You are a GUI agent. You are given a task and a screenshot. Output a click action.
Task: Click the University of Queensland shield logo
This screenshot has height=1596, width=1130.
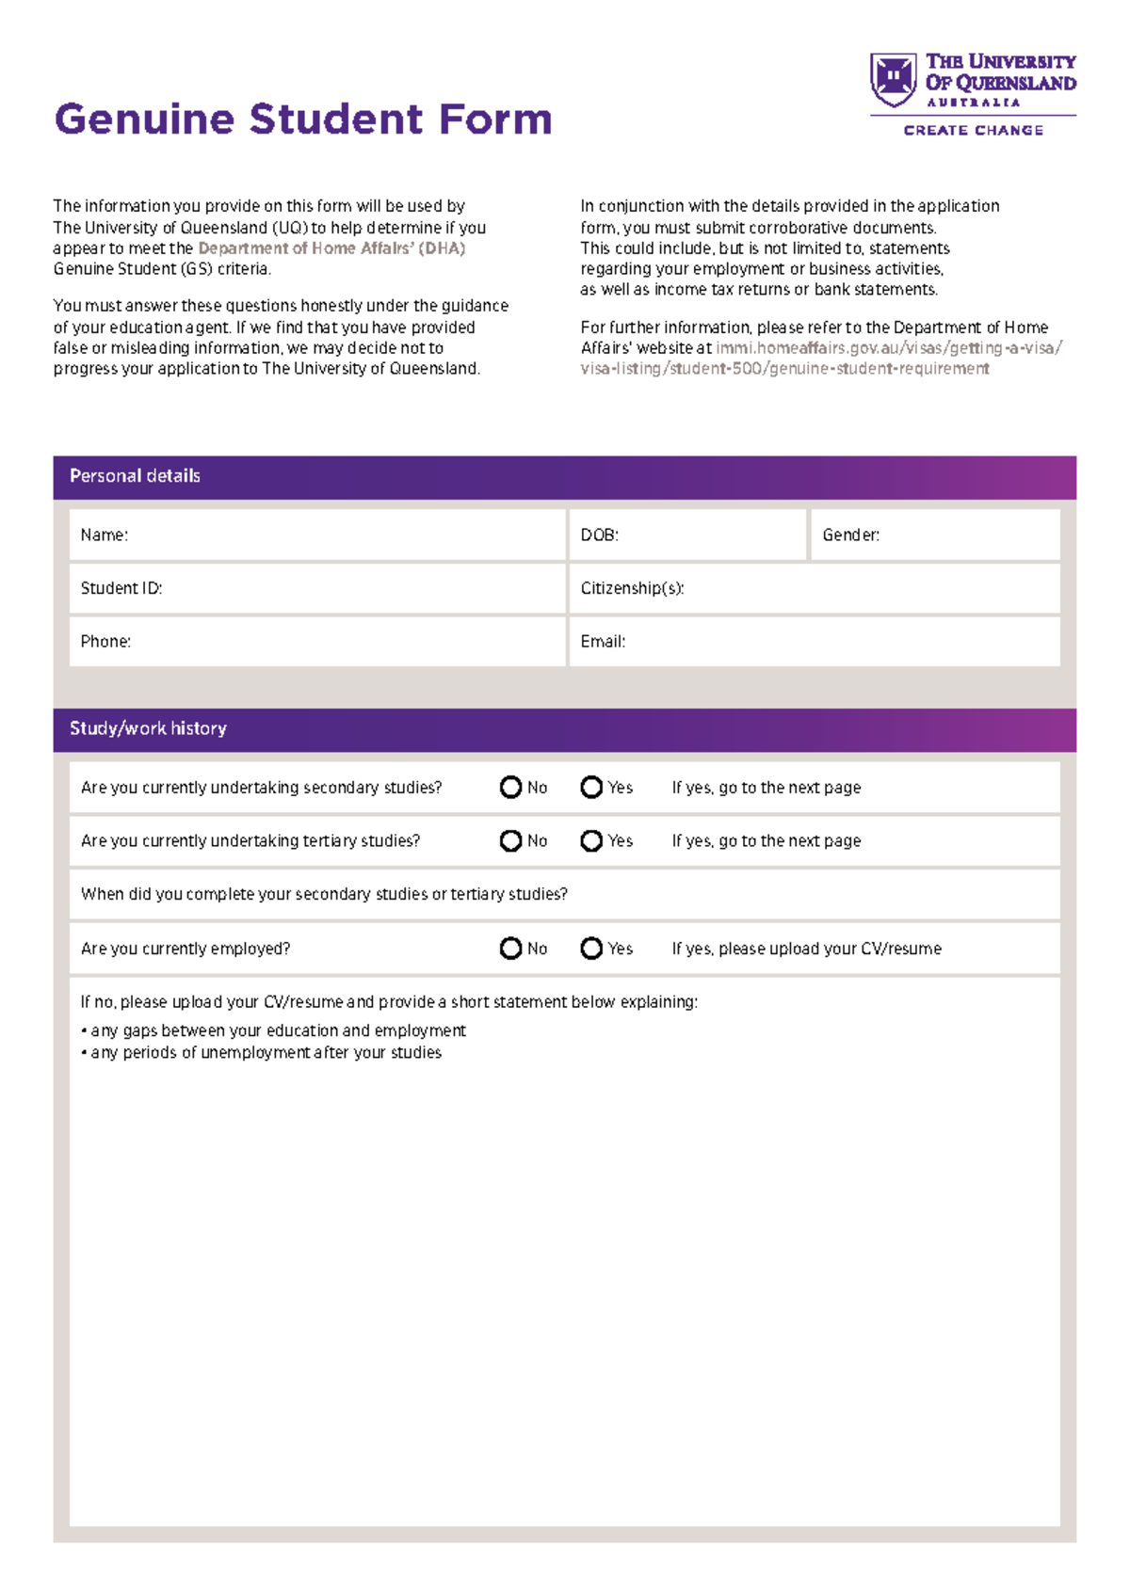(893, 79)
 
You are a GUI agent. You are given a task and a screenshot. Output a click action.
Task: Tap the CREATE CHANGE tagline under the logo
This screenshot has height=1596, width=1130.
(973, 131)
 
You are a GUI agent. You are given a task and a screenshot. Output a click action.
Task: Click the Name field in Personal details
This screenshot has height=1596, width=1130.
(317, 535)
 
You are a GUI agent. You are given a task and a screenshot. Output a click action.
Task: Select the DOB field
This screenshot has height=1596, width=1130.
(687, 535)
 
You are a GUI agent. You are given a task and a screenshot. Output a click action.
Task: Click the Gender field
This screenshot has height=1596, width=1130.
(935, 535)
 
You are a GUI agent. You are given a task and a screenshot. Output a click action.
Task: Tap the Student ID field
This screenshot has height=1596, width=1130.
(317, 589)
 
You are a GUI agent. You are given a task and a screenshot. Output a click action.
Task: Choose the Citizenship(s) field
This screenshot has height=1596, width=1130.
(815, 589)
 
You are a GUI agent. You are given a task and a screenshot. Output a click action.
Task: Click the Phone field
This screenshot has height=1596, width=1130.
(317, 642)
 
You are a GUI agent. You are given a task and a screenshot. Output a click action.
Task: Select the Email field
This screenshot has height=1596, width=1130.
(815, 642)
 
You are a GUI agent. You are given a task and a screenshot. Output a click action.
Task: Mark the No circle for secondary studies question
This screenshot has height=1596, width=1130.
(510, 788)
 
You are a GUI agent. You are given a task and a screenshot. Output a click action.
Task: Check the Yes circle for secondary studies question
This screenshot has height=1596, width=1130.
(591, 788)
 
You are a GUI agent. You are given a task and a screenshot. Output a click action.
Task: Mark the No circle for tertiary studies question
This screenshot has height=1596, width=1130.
(510, 841)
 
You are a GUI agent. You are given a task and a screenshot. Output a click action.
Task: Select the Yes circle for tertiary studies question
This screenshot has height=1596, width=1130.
(591, 841)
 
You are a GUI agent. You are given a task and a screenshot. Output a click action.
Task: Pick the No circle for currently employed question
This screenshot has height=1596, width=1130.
(510, 949)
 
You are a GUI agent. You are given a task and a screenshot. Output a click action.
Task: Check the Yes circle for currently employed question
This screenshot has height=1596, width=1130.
(591, 949)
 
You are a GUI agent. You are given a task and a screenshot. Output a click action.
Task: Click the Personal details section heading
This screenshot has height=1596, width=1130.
(135, 476)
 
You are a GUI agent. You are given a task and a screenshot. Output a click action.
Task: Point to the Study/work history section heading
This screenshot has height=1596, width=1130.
(148, 728)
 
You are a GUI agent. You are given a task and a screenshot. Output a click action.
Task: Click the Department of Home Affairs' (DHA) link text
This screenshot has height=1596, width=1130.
(331, 248)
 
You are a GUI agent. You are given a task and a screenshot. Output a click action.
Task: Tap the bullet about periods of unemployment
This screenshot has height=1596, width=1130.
(265, 1053)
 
